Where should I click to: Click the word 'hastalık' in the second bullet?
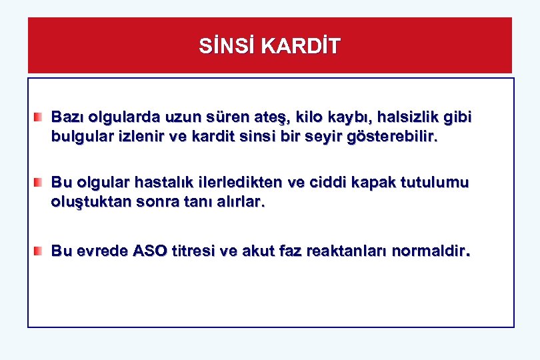coord(169,182)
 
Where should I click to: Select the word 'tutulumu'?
coord(437,182)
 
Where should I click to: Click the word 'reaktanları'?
coord(346,251)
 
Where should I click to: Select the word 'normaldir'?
coord(431,251)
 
